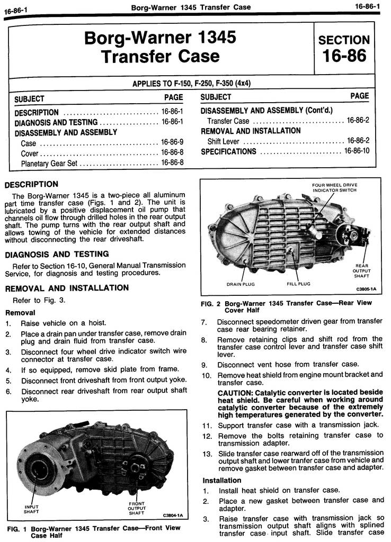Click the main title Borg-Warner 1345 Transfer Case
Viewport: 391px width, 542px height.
160,47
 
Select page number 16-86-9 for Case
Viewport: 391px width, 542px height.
172,143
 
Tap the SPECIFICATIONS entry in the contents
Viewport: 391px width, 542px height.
228,152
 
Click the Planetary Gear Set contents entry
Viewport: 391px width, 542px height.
49,164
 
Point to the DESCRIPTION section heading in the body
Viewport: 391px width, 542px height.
31,185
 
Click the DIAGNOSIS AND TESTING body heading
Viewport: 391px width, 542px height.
57,254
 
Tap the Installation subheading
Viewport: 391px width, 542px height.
222,481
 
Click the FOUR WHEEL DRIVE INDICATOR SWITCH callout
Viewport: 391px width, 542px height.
334,187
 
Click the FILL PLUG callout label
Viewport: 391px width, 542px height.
298,284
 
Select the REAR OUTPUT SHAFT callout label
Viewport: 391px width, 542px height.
361,270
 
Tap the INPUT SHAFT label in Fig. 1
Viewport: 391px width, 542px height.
32,509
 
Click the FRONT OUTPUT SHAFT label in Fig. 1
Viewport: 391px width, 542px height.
137,508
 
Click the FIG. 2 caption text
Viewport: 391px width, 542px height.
286,306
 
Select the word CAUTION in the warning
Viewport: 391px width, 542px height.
235,392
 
